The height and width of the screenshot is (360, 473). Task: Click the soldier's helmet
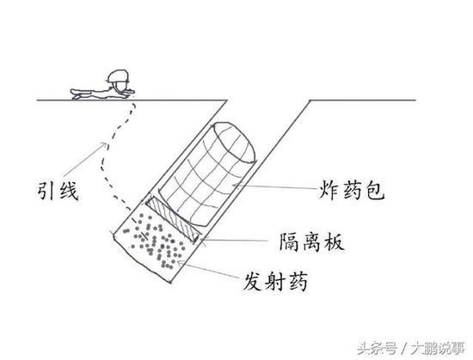[118, 76]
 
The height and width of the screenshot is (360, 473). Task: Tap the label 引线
[58, 191]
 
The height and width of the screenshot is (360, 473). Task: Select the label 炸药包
[352, 190]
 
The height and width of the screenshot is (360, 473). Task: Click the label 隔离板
[312, 242]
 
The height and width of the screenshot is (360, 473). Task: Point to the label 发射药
[275, 281]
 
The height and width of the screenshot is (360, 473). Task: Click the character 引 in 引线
[46, 191]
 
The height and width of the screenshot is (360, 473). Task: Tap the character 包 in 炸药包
[375, 191]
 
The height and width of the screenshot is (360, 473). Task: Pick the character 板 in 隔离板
[335, 242]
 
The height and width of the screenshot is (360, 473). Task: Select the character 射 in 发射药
[275, 281]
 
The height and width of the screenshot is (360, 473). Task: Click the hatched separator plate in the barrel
[173, 218]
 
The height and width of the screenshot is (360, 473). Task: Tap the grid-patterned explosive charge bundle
[207, 174]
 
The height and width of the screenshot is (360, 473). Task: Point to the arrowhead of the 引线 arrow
[104, 144]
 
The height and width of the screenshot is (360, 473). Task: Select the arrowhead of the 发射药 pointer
[180, 263]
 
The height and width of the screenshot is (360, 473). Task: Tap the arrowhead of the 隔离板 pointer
[202, 240]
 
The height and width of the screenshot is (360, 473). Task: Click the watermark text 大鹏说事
[439, 349]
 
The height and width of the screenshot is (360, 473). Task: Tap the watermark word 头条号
[377, 349]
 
